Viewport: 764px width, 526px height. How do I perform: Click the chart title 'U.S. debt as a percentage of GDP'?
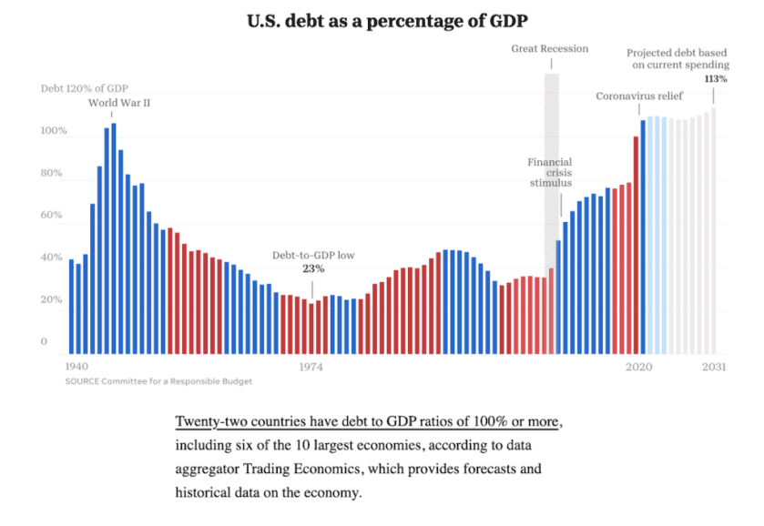tap(382, 19)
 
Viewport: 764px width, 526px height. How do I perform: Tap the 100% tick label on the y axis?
tap(54, 131)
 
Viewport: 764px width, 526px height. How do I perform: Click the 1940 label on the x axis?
tap(77, 367)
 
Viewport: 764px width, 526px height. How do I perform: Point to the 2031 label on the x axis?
tap(713, 367)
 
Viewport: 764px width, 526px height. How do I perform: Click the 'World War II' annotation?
tap(119, 103)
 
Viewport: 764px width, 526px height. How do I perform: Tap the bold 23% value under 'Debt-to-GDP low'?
tap(313, 268)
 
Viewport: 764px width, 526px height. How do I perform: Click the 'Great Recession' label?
tap(550, 49)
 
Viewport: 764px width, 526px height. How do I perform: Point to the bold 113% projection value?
tap(716, 79)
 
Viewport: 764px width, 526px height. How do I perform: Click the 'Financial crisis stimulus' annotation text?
tap(550, 172)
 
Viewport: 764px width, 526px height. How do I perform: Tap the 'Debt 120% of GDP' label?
tap(85, 88)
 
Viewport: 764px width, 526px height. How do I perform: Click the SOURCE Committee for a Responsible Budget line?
tap(158, 381)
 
